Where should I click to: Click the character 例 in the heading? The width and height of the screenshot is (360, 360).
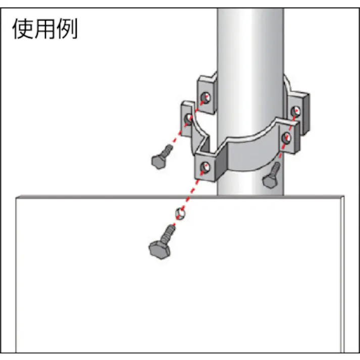point(67,29)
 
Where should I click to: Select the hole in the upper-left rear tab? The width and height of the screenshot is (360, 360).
point(205,96)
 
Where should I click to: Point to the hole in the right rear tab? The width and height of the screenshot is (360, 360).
point(296,111)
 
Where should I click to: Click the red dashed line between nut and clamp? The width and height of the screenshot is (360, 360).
point(193,190)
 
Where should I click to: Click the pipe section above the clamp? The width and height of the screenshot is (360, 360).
point(250,40)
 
